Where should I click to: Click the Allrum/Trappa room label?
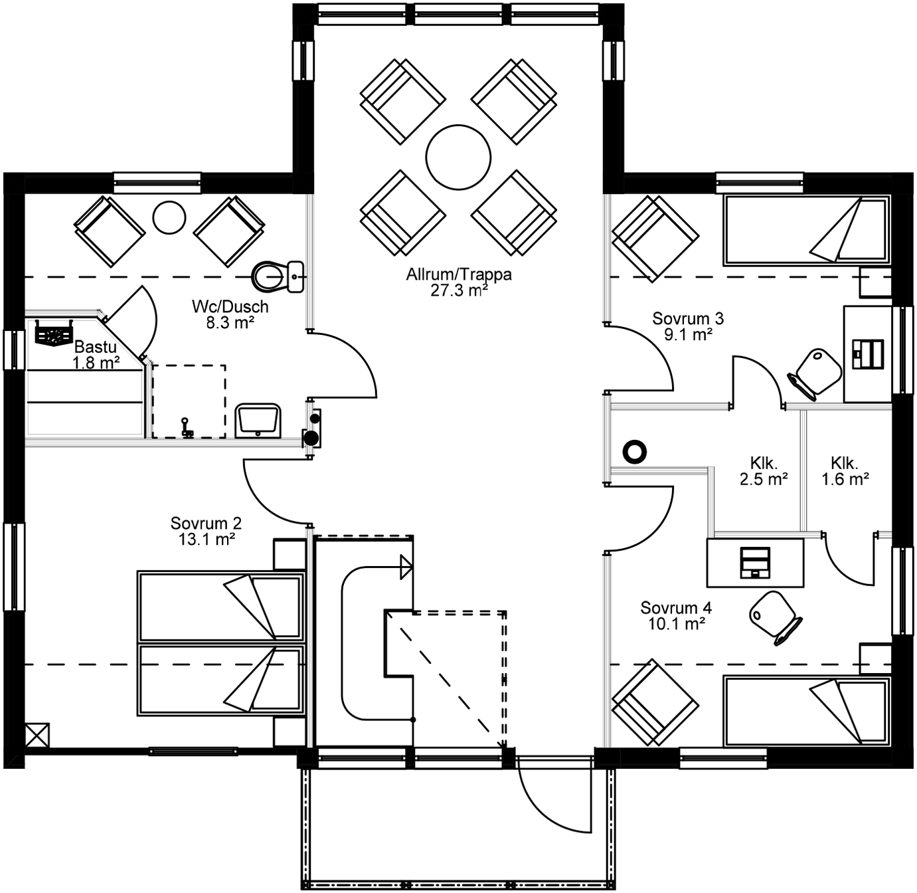click(x=459, y=274)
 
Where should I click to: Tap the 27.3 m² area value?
click(x=459, y=290)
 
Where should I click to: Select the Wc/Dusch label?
click(x=230, y=307)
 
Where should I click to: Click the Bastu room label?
click(x=96, y=347)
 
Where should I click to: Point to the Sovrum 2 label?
click(x=206, y=524)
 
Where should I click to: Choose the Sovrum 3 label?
click(x=688, y=319)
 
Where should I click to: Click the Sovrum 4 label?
click(x=676, y=608)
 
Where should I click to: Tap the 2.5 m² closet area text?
click(x=764, y=479)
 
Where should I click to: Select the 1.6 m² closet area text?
click(x=845, y=479)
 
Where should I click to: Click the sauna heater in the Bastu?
click(x=54, y=334)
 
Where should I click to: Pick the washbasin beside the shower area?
click(x=258, y=421)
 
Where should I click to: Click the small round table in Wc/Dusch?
click(x=169, y=217)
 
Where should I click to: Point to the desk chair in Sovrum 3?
click(x=816, y=373)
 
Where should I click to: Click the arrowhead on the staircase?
click(x=406, y=567)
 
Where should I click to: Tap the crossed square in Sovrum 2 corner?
click(x=37, y=736)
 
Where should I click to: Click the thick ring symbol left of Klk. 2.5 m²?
click(x=635, y=452)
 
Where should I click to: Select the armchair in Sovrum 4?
click(x=655, y=702)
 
